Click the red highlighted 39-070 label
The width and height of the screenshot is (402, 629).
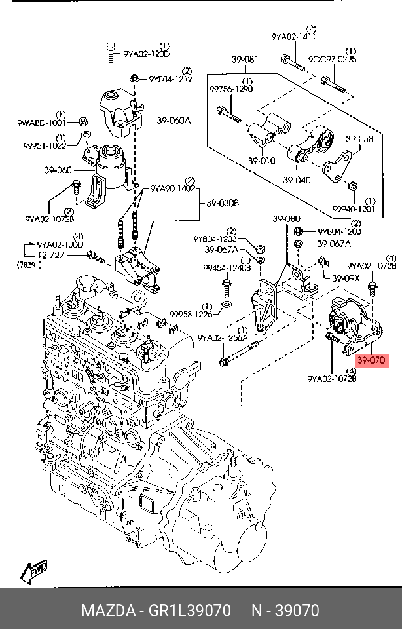[371, 360]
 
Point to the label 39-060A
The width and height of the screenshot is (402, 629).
[174, 121]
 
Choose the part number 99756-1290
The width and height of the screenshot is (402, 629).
[231, 89]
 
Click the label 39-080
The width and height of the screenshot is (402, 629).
[286, 219]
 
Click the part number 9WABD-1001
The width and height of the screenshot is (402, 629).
[41, 123]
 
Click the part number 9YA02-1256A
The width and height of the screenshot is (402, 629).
[223, 338]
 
